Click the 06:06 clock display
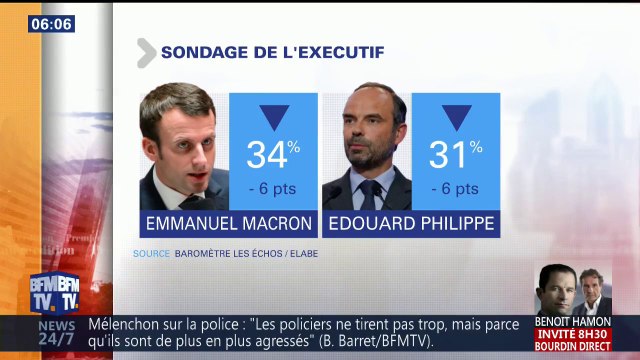(50, 23)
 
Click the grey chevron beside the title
(145, 52)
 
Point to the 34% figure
(273, 155)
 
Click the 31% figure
(455, 155)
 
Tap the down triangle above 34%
(273, 117)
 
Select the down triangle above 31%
(456, 117)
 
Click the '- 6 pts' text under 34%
(273, 188)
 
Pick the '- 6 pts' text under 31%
(455, 188)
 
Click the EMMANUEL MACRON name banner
(229, 223)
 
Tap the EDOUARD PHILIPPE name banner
(410, 223)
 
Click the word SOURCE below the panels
(151, 254)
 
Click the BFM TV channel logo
(54, 293)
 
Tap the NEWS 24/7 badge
(56, 333)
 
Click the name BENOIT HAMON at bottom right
(572, 322)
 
